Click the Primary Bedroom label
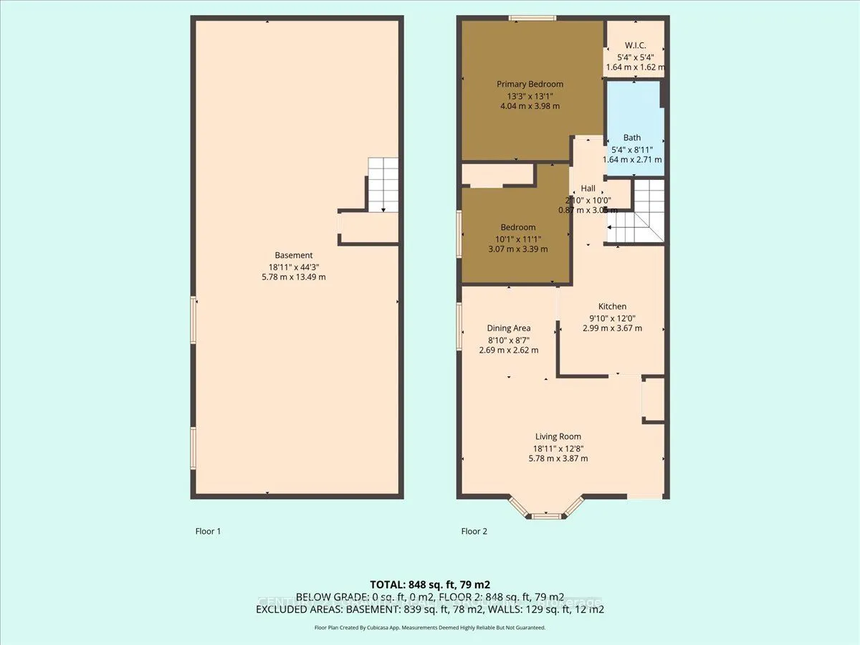pyautogui.click(x=530, y=84)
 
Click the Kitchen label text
pyautogui.click(x=612, y=306)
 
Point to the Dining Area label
pyautogui.click(x=508, y=328)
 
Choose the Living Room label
pyautogui.click(x=558, y=436)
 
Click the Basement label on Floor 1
pyautogui.click(x=294, y=255)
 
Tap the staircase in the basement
pyautogui.click(x=383, y=184)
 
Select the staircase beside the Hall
pyautogui.click(x=636, y=211)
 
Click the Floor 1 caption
pyautogui.click(x=208, y=532)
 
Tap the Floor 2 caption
pyautogui.click(x=474, y=532)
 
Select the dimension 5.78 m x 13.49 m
pyautogui.click(x=294, y=277)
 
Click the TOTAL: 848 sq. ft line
pyautogui.click(x=429, y=584)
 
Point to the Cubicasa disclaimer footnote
pyautogui.click(x=429, y=627)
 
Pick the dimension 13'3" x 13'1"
pyautogui.click(x=530, y=95)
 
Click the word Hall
pyautogui.click(x=588, y=188)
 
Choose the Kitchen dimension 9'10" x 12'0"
pyautogui.click(x=612, y=317)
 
